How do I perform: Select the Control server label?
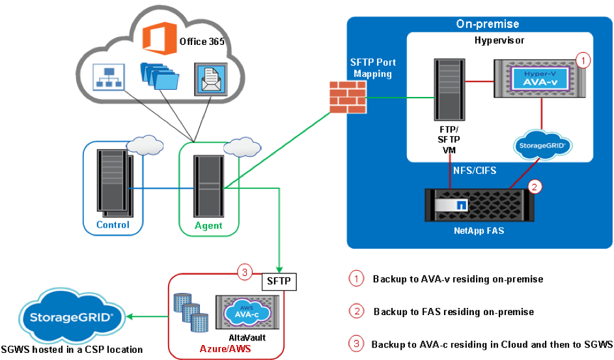(x=113, y=225)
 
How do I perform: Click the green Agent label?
(x=209, y=226)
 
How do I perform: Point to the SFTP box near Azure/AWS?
(x=280, y=281)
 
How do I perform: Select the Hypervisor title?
(x=499, y=41)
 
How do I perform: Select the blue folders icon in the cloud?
(x=158, y=77)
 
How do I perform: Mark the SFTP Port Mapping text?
(x=372, y=68)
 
